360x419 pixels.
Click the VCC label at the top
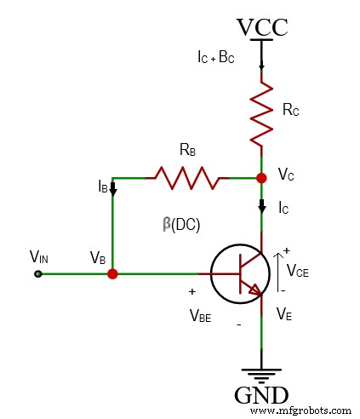(x=261, y=27)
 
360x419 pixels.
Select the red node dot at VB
(x=113, y=274)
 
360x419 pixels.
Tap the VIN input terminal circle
(x=37, y=274)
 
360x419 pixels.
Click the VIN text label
(x=39, y=256)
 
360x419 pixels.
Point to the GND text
(x=261, y=396)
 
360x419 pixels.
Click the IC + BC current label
(x=221, y=59)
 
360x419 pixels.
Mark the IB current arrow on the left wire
(x=113, y=187)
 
